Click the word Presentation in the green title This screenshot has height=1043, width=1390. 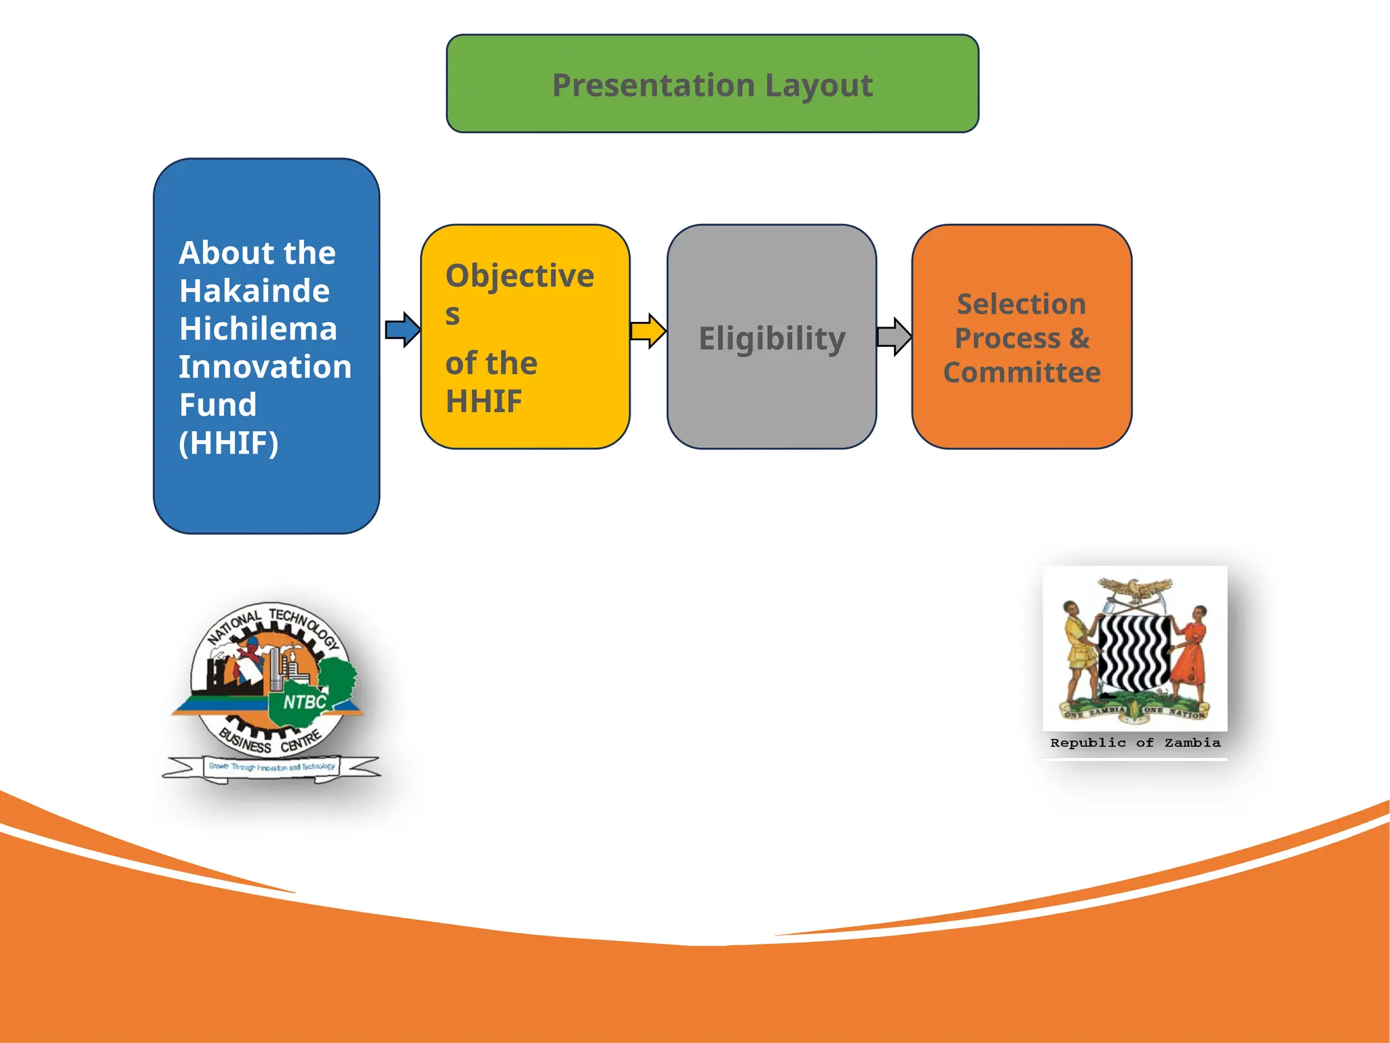click(653, 86)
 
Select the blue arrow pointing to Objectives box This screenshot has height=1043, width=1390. click(402, 330)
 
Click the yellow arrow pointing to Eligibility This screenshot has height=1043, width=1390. click(647, 331)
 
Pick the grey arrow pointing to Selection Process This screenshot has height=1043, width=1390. click(893, 336)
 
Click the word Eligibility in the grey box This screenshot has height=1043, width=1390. click(772, 338)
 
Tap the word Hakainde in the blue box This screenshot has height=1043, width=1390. click(255, 291)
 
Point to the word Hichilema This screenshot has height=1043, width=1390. click(258, 329)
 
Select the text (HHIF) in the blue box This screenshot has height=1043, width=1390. click(229, 443)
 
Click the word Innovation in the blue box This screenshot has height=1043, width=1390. click(265, 367)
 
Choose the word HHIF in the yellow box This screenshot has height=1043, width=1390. click(484, 401)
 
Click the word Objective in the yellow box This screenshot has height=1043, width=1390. click(520, 276)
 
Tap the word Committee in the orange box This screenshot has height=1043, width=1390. click(1021, 372)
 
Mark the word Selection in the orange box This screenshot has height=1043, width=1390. click(1021, 304)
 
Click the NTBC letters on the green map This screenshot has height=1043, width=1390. click(305, 701)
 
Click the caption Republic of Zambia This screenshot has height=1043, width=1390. click(1135, 743)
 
